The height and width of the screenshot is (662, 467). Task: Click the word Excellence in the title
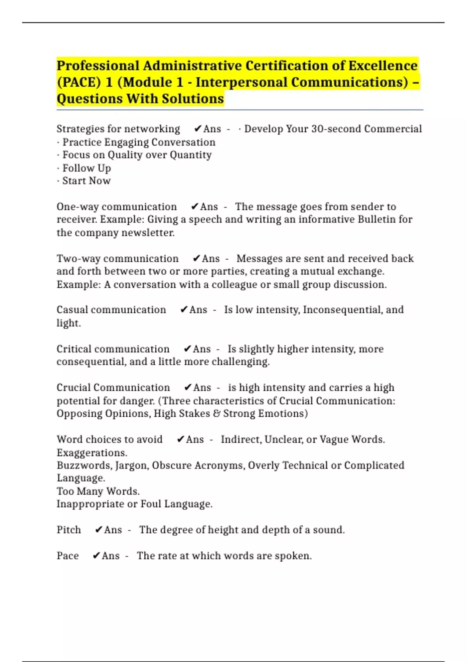383,66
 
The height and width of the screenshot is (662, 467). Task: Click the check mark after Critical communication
187,349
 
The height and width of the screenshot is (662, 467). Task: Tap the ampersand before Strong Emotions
216,414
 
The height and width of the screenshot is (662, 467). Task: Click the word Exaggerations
92,453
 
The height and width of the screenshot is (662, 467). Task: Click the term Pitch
69,530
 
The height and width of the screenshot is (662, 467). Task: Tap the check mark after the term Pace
96,556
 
